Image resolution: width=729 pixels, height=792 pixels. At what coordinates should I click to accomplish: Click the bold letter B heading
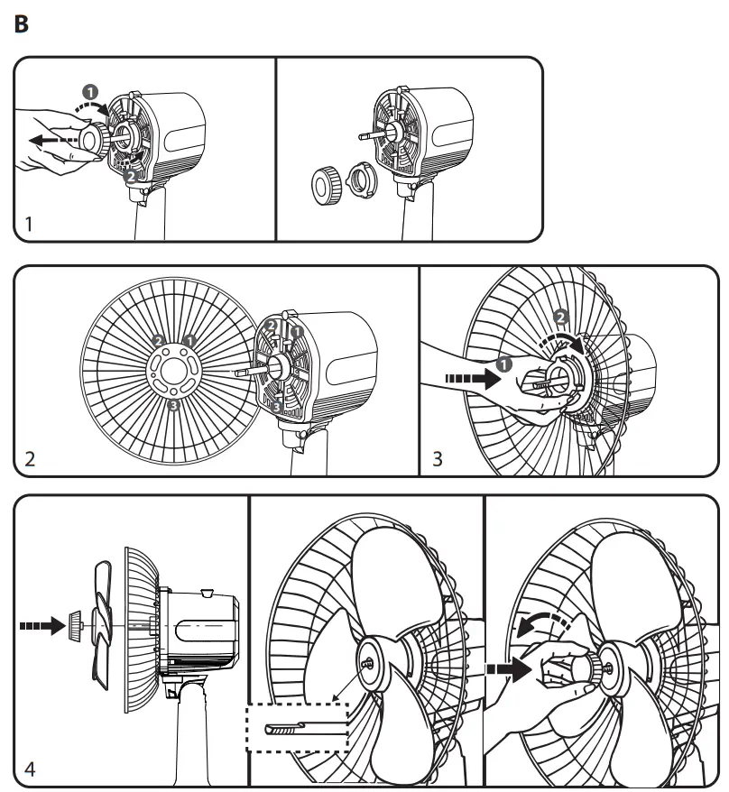(23, 23)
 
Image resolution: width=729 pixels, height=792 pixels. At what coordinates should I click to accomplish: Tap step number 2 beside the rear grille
(31, 459)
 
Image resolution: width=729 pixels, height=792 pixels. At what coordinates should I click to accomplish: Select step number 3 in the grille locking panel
(438, 459)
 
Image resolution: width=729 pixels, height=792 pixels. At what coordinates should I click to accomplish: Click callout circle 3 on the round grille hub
(173, 407)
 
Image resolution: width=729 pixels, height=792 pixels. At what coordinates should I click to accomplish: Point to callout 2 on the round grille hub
(158, 341)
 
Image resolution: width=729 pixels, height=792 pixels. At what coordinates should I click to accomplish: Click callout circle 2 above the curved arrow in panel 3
(559, 318)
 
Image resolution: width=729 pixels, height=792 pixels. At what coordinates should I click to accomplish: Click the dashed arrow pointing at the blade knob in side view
(38, 622)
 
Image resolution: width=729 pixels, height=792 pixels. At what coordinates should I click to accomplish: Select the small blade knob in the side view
(75, 622)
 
